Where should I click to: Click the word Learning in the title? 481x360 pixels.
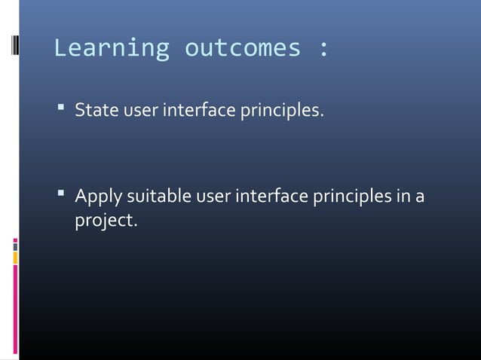(112, 49)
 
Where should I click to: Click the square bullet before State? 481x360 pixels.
(60, 111)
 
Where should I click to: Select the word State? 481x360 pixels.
(97, 111)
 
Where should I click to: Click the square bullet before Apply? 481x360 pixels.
(60, 196)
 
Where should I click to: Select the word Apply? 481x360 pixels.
(98, 198)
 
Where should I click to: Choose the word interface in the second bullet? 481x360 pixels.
(272, 197)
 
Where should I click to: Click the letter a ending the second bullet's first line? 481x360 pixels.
(420, 198)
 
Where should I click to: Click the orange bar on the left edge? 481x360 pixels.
(15, 258)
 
